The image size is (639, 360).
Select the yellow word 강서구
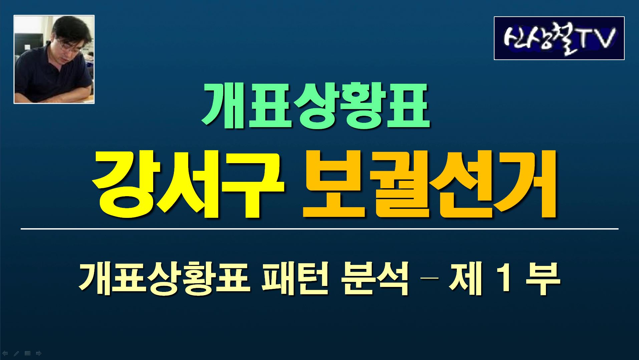tap(188, 186)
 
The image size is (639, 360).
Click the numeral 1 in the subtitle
tap(503, 278)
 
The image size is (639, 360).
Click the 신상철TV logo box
tap(559, 38)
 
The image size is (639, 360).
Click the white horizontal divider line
tap(319, 229)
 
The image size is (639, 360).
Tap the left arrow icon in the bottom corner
tap(5, 353)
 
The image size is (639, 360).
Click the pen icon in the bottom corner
tap(16, 353)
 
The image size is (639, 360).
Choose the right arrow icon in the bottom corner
tap(39, 353)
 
